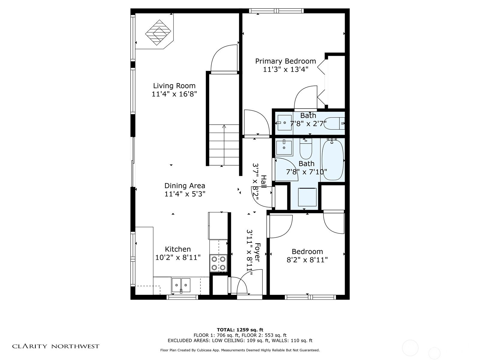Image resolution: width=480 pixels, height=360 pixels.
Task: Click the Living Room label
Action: (x=174, y=86)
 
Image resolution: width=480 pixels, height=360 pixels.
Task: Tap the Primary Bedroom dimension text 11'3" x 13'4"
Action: (x=286, y=70)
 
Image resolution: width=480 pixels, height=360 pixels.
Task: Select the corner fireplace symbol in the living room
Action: (x=158, y=32)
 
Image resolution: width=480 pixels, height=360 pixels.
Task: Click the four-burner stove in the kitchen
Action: (x=218, y=263)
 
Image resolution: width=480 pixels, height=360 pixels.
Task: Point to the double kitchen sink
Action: (x=181, y=285)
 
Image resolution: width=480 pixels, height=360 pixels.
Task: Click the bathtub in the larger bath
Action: (x=332, y=160)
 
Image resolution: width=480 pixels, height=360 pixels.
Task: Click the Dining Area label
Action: (x=184, y=186)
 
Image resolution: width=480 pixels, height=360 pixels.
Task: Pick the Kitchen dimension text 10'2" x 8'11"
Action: (x=178, y=257)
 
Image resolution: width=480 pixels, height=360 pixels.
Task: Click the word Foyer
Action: (x=257, y=252)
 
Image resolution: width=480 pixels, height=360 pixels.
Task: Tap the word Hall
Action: (x=263, y=181)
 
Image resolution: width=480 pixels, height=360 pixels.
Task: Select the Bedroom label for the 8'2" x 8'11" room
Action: (x=307, y=251)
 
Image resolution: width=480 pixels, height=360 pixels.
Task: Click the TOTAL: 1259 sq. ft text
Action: (x=240, y=330)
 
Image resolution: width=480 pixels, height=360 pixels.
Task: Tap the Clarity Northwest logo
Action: (x=55, y=346)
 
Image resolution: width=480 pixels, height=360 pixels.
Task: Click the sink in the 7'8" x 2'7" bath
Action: (x=284, y=122)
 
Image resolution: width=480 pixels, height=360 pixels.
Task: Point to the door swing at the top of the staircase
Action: (x=224, y=59)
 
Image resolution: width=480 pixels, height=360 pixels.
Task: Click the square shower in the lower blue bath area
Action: (x=307, y=197)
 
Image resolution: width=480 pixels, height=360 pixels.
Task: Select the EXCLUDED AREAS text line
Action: (x=240, y=340)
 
